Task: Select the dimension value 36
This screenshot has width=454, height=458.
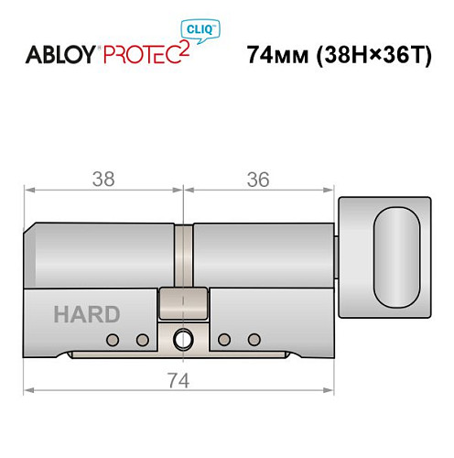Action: click(259, 180)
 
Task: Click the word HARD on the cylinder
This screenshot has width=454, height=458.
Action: click(86, 315)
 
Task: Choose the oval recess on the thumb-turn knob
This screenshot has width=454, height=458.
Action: click(397, 256)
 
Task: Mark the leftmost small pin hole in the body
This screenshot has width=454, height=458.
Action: click(113, 341)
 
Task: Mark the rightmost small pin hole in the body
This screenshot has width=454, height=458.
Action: click(251, 341)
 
